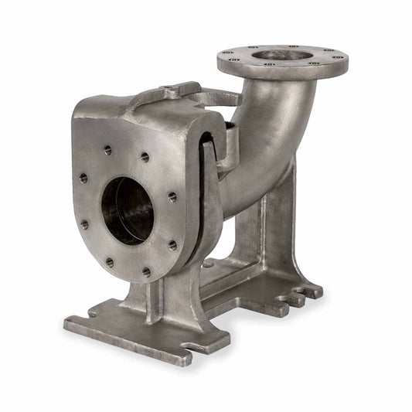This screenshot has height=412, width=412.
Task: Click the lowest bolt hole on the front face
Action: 146,272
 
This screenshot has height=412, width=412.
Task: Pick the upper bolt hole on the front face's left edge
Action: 83,179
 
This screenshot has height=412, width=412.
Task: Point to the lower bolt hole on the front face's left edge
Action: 83,225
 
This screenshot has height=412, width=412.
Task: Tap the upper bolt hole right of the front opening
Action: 172,197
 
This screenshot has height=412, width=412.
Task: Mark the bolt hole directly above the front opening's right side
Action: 145,158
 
